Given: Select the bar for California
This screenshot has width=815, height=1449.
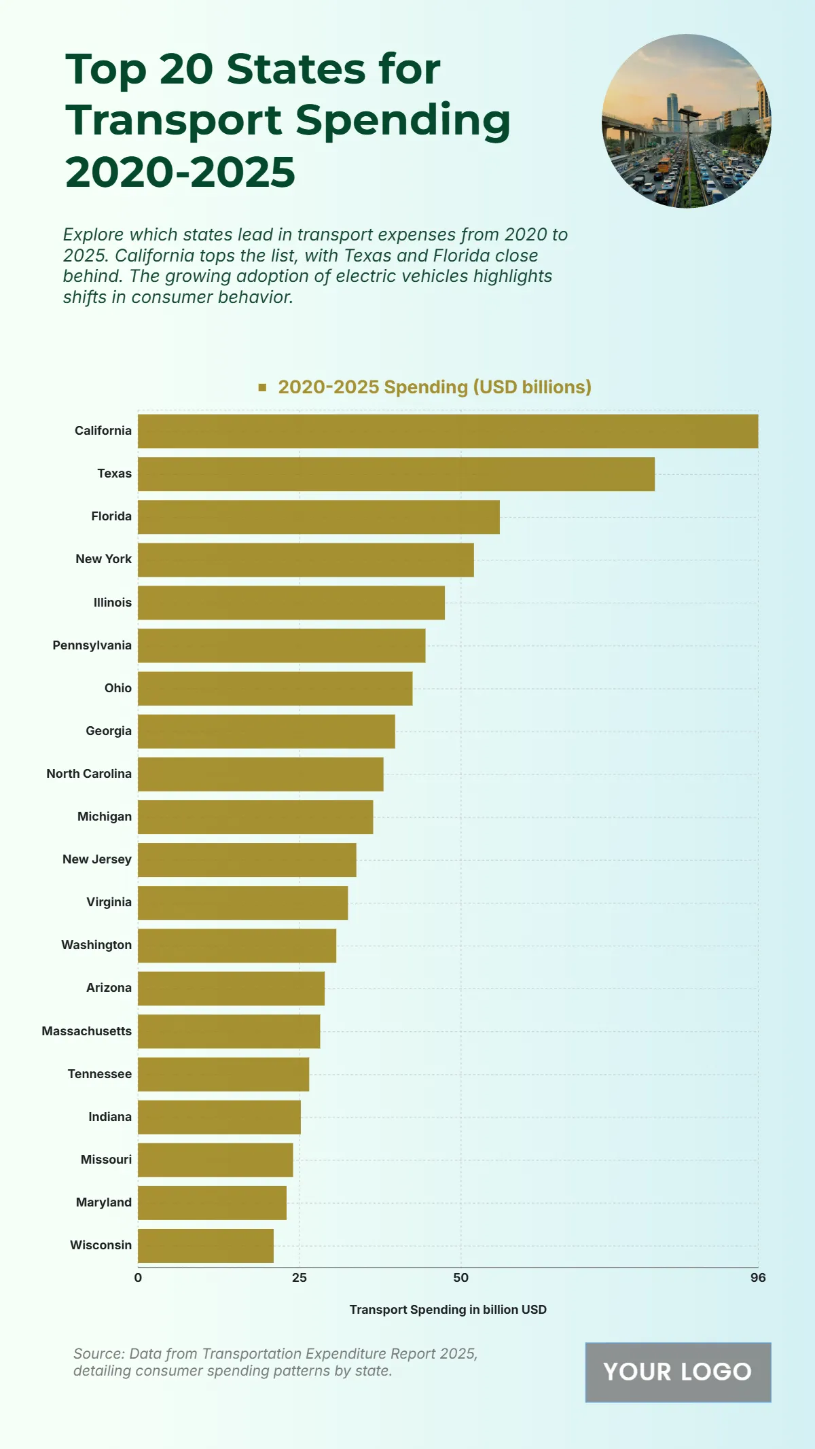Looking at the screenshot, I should pos(448,431).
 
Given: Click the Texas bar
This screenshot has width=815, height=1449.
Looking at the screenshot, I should pos(396,474).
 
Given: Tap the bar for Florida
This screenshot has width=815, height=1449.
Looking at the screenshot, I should pos(319,517).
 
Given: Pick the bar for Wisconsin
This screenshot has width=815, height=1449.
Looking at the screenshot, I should pos(206,1246).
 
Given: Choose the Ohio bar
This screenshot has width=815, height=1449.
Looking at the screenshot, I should pos(275,689).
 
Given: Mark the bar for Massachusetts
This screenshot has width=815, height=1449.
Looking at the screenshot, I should pos(229,1031).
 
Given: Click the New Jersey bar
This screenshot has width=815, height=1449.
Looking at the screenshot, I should pos(247,860).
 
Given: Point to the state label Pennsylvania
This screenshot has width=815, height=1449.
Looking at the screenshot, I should pos(92,645).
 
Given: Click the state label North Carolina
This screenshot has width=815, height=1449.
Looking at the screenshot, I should pos(89,774).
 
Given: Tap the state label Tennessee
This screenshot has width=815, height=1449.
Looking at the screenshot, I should pos(99,1074).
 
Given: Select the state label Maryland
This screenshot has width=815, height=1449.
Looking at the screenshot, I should pos(103,1202).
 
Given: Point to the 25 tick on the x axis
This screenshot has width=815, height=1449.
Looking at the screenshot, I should pos(300,1278).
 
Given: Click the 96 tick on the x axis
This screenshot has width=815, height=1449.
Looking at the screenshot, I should pos(758,1278).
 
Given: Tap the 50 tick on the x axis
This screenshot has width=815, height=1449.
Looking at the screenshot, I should pos(460,1278).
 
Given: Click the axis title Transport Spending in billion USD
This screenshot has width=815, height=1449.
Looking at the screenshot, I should pos(448,1310).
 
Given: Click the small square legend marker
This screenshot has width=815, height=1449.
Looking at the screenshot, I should pos(262,387).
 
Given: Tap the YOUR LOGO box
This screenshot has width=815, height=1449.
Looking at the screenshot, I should pos(678,1372).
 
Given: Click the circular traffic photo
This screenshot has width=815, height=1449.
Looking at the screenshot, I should pos(686,121).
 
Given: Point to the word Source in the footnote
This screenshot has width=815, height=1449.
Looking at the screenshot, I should pos(96,1354).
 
